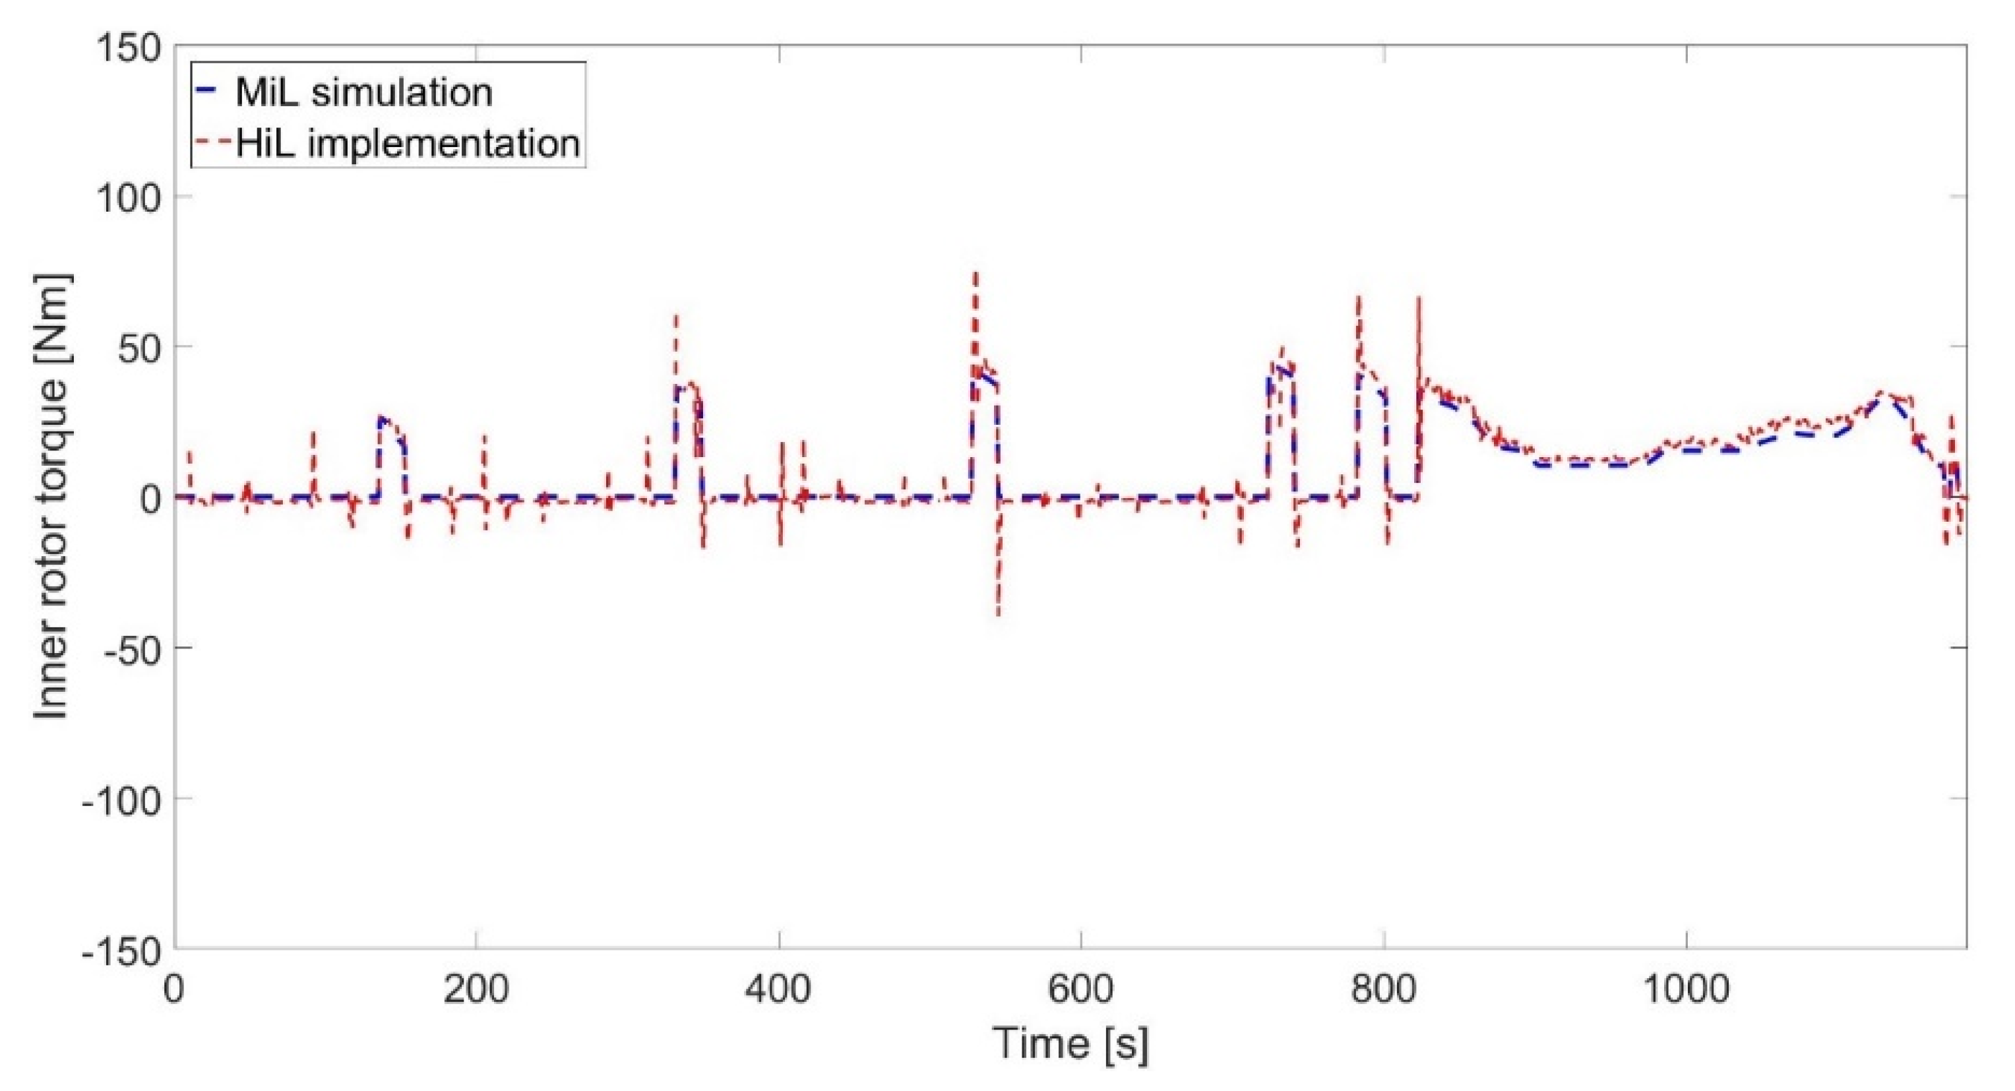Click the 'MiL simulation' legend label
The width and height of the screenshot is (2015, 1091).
(x=363, y=93)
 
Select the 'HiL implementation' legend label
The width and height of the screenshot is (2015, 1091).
(x=408, y=144)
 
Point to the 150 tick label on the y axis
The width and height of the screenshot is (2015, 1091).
(x=129, y=49)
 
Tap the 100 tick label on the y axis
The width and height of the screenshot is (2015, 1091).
(x=129, y=197)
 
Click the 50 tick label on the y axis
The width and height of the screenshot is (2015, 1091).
(x=140, y=346)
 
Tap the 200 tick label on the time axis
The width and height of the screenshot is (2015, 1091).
(x=476, y=989)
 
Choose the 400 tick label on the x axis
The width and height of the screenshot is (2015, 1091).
(x=778, y=989)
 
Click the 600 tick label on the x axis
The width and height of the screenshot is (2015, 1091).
(x=1080, y=989)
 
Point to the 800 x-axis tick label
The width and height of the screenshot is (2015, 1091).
(x=1384, y=989)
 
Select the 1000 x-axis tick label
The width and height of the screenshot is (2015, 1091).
(x=1686, y=989)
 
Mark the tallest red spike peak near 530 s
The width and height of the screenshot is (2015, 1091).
(x=976, y=273)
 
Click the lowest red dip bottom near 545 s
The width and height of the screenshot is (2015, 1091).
(x=998, y=615)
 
